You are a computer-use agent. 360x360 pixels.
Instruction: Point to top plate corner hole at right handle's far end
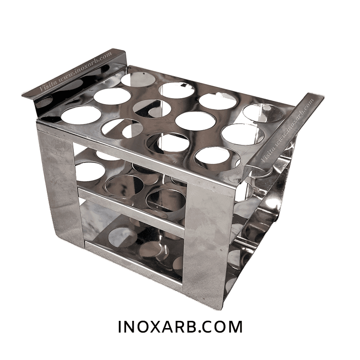click(x=264, y=112)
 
